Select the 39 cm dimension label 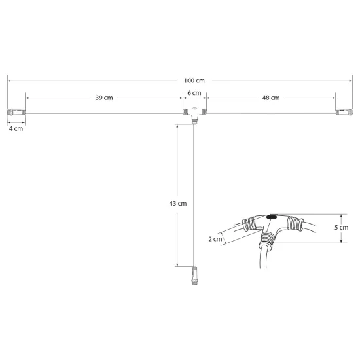104,98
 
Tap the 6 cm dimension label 194,94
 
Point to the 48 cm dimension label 271,98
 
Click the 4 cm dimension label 16,129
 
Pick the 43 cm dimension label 178,204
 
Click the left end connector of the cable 16,113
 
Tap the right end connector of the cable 343,113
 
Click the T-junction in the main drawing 194,114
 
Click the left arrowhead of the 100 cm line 9,81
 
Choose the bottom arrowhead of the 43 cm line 177,265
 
